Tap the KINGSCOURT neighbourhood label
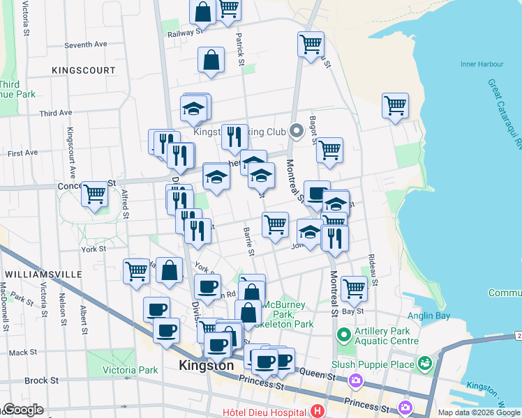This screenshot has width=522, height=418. (83, 70)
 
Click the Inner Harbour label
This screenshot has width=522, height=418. (482, 64)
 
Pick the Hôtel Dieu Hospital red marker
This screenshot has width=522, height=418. (318, 412)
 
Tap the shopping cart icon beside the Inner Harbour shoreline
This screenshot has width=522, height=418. (395, 106)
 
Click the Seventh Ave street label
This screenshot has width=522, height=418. (85, 45)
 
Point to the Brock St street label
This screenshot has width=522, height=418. (41, 380)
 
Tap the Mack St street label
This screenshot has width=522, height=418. (23, 353)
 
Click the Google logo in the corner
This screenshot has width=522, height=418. (22, 410)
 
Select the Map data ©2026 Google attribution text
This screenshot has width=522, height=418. (479, 412)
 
